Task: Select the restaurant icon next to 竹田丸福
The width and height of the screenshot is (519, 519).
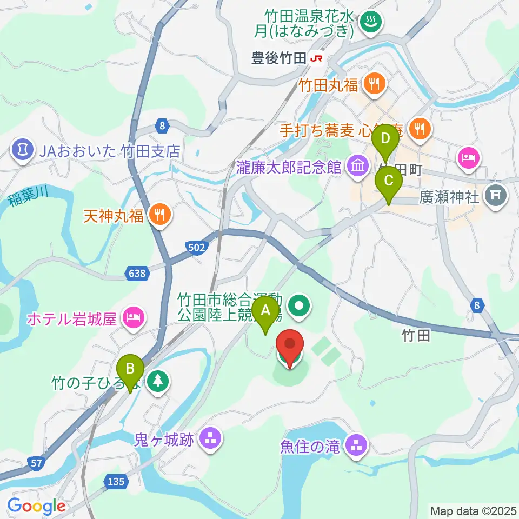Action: [x=372, y=83]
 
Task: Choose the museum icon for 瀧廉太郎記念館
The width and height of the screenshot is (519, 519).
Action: [x=357, y=165]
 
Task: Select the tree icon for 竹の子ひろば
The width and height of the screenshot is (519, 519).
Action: [x=158, y=382]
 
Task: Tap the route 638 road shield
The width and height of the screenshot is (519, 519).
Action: [x=137, y=274]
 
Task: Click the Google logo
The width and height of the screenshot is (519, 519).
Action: [x=36, y=507]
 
